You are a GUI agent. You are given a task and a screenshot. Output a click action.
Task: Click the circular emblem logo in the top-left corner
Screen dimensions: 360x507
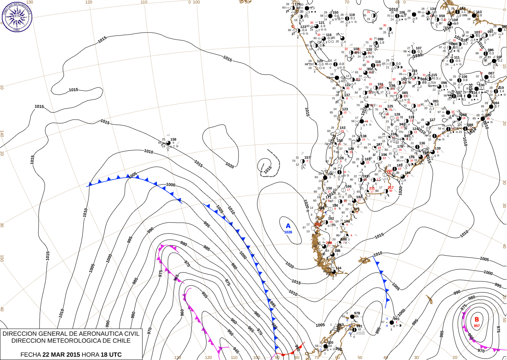click(x=17, y=16)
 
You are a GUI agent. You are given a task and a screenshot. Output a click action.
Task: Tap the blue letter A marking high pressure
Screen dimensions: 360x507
click(x=288, y=226)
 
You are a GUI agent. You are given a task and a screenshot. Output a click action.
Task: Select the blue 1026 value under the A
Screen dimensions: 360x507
click(x=288, y=232)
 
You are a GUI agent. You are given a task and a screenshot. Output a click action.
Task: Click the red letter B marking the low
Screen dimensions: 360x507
click(x=477, y=319)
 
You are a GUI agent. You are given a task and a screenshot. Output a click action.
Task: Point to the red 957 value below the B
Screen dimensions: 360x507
click(x=477, y=326)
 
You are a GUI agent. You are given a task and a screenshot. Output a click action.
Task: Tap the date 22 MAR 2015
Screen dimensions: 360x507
click(x=61, y=355)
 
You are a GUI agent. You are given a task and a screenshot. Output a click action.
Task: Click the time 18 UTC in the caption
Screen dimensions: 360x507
click(x=111, y=355)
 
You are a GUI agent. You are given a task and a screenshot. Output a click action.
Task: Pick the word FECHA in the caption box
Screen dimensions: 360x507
click(x=30, y=355)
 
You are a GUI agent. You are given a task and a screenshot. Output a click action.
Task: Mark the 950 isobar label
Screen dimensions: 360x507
click(x=230, y=332)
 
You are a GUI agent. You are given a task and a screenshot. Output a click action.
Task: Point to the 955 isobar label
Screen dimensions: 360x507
click(x=205, y=295)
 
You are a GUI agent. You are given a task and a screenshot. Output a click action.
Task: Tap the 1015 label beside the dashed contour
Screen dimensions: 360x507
click(x=268, y=170)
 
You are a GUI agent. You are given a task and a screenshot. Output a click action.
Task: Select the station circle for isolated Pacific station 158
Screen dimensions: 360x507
click(x=168, y=143)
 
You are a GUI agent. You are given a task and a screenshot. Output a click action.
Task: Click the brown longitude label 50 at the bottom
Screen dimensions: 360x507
click(x=360, y=357)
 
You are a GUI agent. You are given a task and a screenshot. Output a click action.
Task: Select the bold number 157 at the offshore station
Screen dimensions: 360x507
click(x=307, y=158)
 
